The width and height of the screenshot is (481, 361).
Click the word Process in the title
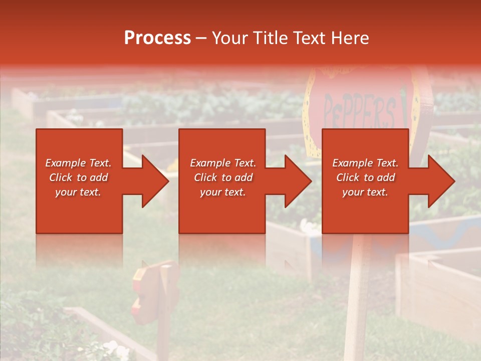pos(157,38)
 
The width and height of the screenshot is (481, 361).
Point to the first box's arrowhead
pos(155,181)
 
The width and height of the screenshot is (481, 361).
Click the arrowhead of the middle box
pos(298,181)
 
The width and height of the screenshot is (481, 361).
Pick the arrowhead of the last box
pos(441,181)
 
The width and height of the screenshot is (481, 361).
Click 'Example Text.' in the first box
pos(78,163)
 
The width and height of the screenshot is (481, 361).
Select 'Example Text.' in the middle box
pos(222,163)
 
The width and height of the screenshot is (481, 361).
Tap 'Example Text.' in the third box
pos(365,163)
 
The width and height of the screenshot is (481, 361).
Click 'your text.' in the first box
pos(78,192)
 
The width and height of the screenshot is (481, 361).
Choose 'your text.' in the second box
pos(222,192)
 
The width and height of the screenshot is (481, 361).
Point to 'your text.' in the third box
pos(365,192)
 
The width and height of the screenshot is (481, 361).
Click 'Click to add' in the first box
pos(78,177)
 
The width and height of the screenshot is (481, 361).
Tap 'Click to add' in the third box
pos(365,177)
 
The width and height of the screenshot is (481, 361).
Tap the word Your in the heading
pos(230,38)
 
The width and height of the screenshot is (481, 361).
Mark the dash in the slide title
pos(201,38)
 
